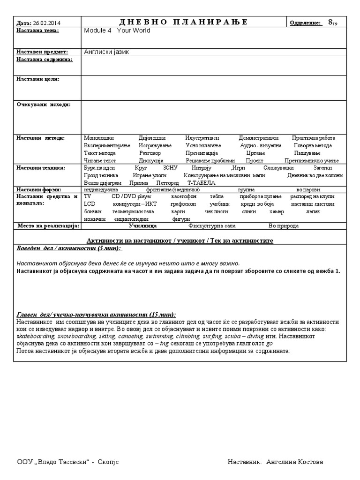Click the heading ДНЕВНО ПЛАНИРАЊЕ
(183, 22)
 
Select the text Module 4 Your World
(117, 31)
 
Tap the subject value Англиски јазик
(106, 52)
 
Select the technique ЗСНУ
(170, 168)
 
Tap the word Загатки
(322, 168)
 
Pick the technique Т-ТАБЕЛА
(201, 182)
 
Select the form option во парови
(309, 189)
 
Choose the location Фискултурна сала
(209, 225)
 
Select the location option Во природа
(283, 225)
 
